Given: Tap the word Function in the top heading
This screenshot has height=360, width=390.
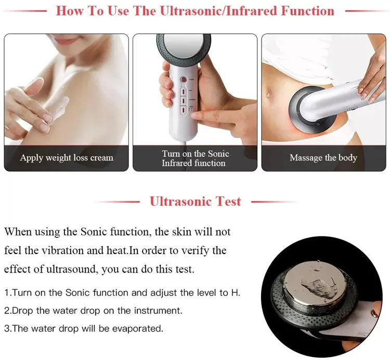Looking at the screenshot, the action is pos(308,11).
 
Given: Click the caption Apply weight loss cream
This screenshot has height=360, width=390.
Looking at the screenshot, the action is pos(67,158).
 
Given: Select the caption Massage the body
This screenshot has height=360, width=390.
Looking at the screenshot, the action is pos(323,158).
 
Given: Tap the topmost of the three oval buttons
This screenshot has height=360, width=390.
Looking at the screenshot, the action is pos(184,91).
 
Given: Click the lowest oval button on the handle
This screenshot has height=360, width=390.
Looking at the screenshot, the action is pos(184,110).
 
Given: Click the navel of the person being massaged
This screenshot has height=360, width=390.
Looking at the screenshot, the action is pos(268,95).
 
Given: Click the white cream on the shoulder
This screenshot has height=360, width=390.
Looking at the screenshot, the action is pos(58,108).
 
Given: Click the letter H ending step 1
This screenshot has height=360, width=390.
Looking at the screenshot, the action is pos(235,292).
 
